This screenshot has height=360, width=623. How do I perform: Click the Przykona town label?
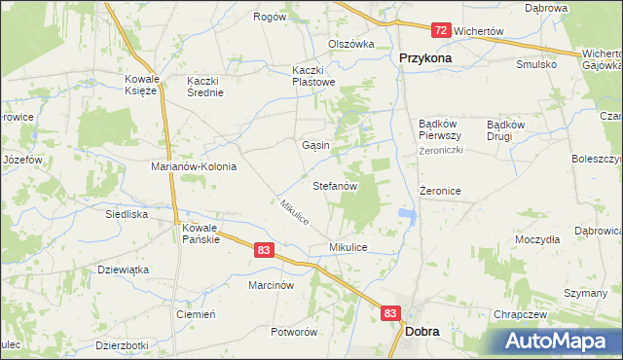425,57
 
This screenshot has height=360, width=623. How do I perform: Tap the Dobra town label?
421,332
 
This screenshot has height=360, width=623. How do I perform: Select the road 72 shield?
441,31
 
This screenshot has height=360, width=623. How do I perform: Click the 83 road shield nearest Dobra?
390,313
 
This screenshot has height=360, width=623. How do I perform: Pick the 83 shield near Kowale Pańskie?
265,250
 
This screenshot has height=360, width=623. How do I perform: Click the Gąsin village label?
315,145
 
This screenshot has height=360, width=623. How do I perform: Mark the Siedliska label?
127,213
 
